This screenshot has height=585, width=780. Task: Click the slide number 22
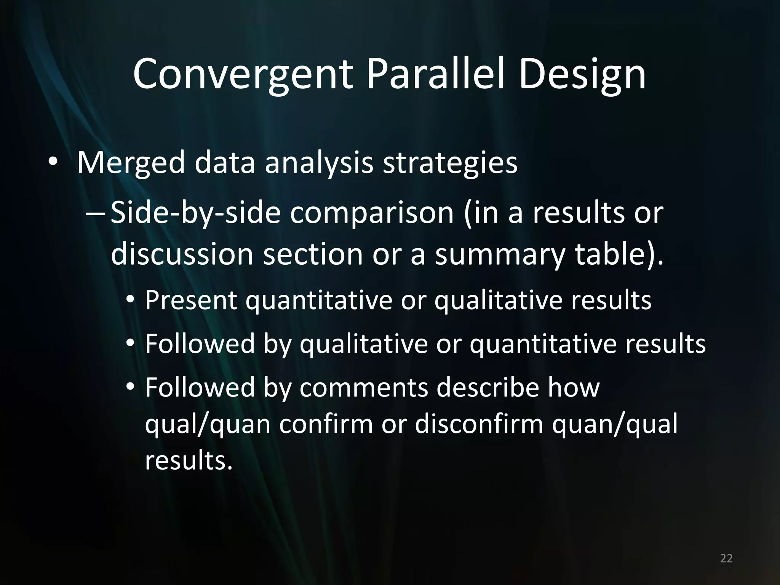[x=726, y=558]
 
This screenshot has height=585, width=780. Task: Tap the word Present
[x=191, y=300]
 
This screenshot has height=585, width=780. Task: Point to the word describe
[x=487, y=387]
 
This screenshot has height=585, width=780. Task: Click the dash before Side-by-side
[x=96, y=214]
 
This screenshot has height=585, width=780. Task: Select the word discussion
[x=182, y=254]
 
